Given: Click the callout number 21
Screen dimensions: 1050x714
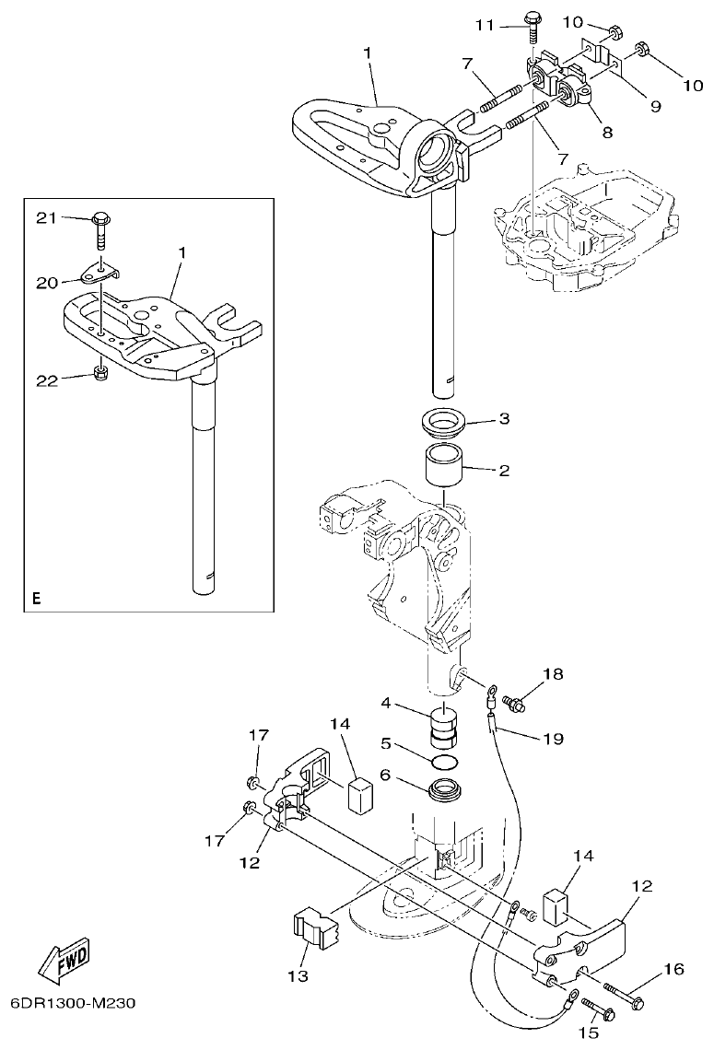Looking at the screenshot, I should coord(45,217).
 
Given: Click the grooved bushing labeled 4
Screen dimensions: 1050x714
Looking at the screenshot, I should coord(444,724).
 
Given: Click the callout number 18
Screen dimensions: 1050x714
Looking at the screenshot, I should coord(552,675).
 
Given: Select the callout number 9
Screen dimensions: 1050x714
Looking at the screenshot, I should coord(655,106).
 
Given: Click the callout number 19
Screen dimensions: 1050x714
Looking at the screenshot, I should coord(552,738).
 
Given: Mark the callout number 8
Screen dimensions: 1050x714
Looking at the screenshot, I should coord(606,132).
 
